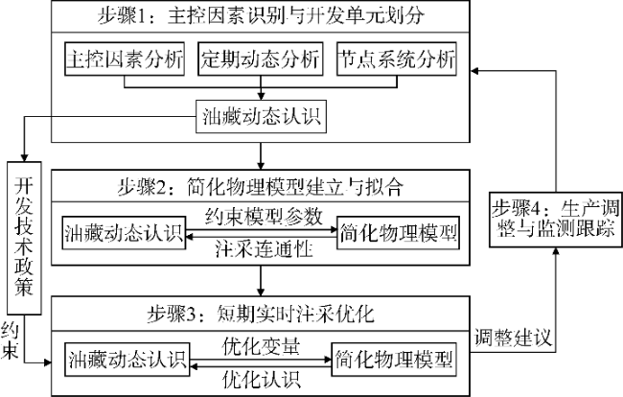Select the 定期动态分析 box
[x=260, y=59]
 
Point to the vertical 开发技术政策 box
[x=25, y=236]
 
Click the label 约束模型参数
[x=260, y=215]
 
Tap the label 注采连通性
[x=260, y=251]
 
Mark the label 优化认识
[x=260, y=377]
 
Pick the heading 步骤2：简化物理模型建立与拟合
[x=260, y=185]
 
